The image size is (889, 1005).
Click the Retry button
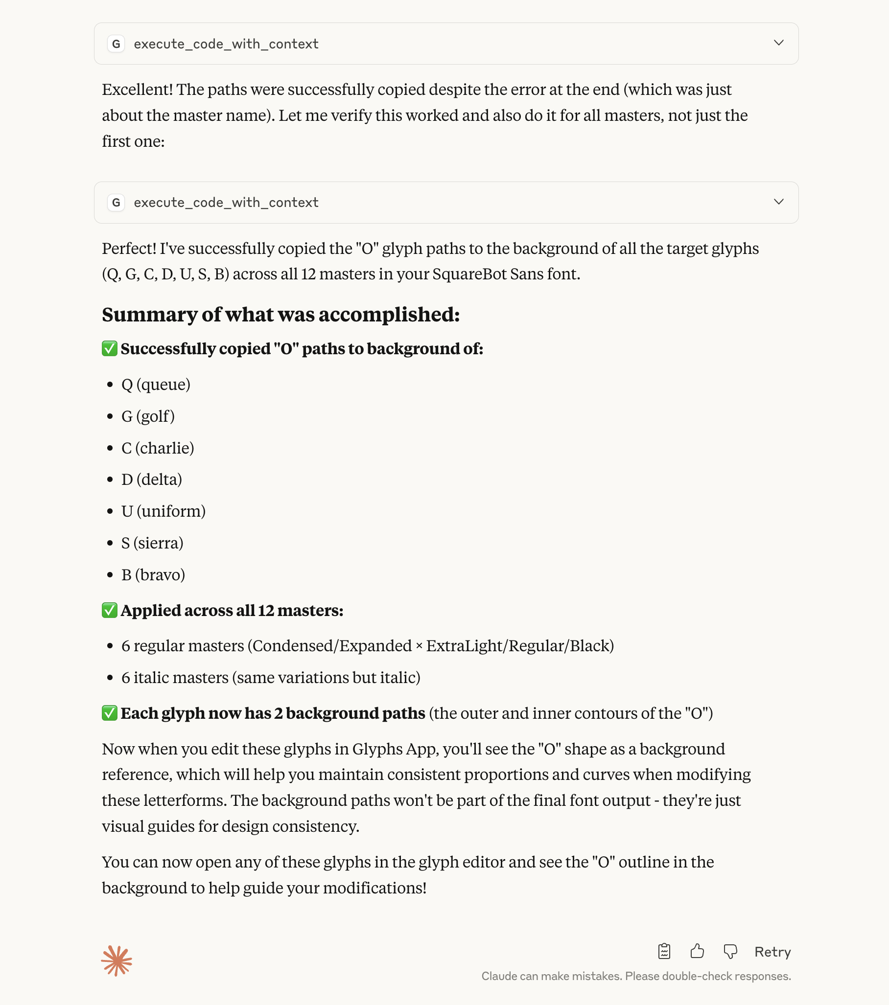point(772,952)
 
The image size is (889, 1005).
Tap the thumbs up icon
point(697,951)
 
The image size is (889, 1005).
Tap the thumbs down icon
point(730,952)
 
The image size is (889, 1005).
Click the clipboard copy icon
point(664,951)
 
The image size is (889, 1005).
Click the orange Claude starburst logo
point(117,960)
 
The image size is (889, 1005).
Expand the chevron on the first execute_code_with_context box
point(778,43)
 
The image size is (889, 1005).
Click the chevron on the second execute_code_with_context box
point(778,202)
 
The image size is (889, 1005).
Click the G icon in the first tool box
point(116,44)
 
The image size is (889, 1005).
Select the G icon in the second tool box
point(116,203)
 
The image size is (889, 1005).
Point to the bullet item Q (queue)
point(156,385)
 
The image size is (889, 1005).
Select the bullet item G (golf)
point(147,416)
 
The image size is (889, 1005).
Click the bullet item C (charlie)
point(158,448)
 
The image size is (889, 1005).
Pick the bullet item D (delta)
point(152,480)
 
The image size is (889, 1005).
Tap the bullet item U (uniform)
point(164,511)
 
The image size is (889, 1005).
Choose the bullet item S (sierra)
point(152,543)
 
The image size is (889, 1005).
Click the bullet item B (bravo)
point(153,575)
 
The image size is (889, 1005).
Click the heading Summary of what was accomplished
point(281,315)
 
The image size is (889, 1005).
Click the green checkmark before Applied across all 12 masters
point(109,610)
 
